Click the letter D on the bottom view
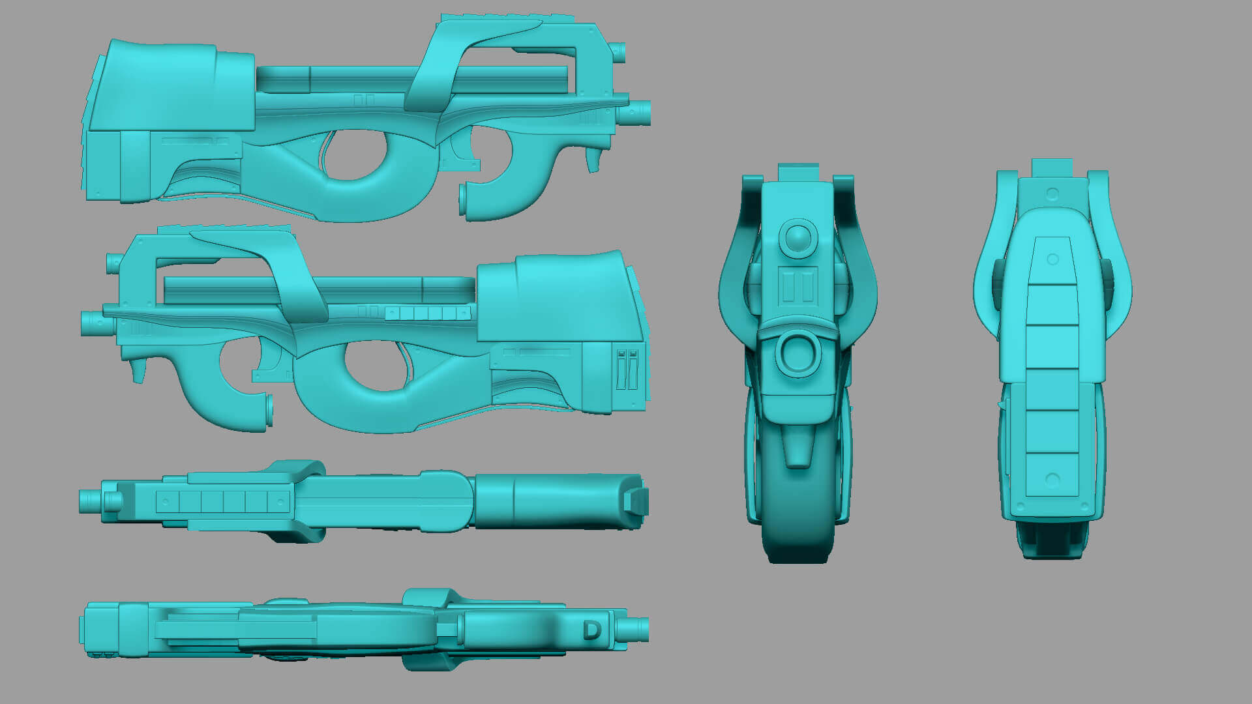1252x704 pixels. [x=591, y=630]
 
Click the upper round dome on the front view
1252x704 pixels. [x=797, y=238]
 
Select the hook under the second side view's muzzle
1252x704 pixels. [x=138, y=370]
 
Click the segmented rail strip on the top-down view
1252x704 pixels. [x=222, y=501]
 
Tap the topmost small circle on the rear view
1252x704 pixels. [x=1052, y=194]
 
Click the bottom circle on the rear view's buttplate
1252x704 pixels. [x=1052, y=480]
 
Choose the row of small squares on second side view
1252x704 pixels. [x=428, y=314]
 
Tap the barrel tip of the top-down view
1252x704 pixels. [x=90, y=501]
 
